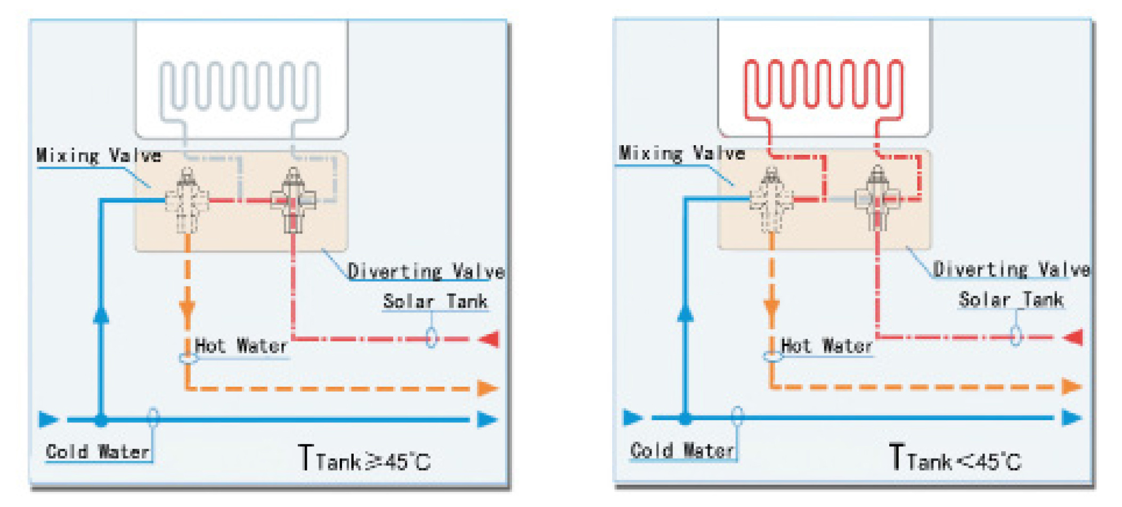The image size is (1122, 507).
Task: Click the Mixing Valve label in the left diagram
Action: coord(99,155)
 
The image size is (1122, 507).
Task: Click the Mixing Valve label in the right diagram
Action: coord(682,153)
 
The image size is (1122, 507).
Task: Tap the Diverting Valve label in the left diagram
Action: coord(426,271)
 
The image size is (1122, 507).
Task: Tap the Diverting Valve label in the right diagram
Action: coord(1011,269)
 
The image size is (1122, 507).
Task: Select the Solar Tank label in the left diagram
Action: coord(435,301)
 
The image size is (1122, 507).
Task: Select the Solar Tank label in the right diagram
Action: coord(1011,300)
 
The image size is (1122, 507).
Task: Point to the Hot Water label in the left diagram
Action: coord(241,346)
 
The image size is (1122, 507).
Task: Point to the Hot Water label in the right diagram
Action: coord(826,346)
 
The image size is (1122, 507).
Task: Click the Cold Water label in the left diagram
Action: coord(97,452)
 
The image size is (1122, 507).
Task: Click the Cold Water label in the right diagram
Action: coord(682,450)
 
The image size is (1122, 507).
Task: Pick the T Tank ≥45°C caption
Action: coord(364,459)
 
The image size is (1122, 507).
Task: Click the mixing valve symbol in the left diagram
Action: coord(186,201)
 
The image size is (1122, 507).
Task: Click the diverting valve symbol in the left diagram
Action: coord(292,201)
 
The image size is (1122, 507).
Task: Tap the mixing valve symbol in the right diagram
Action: coord(771,200)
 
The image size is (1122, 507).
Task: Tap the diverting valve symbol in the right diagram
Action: coord(877,200)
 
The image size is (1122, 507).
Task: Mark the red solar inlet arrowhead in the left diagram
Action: coord(490,339)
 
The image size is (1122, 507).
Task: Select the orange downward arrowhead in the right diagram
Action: coord(771,307)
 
